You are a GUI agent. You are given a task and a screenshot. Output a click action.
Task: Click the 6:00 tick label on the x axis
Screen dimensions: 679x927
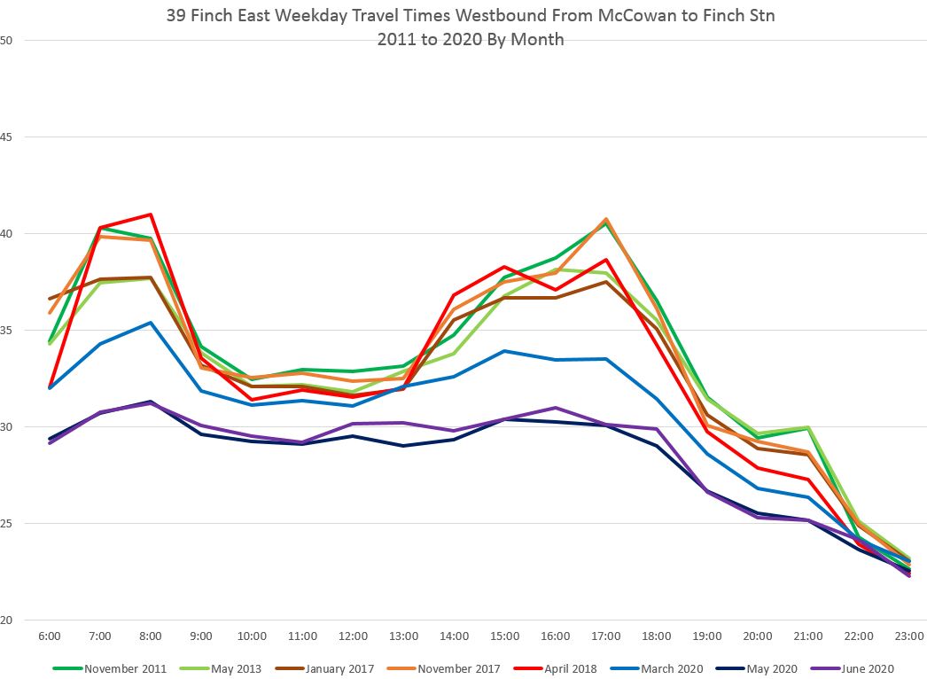(50, 636)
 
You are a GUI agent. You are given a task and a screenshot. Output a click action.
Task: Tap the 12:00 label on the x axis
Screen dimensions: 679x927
(353, 636)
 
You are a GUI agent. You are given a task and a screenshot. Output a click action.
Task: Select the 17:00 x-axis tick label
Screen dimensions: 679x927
(606, 636)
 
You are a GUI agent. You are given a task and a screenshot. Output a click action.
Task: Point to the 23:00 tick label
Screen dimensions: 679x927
(909, 636)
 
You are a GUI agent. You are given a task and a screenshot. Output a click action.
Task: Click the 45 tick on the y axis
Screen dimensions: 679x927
(8, 137)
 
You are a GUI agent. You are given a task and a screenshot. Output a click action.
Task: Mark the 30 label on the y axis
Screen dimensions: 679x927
(8, 427)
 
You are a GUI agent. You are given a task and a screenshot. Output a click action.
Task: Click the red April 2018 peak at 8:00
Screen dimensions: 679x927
(151, 215)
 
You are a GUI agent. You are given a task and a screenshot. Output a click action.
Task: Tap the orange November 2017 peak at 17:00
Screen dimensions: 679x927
(606, 219)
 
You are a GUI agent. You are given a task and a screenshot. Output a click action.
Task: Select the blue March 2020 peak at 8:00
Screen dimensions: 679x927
(151, 323)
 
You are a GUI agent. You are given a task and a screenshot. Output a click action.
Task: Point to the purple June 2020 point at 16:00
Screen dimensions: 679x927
(556, 408)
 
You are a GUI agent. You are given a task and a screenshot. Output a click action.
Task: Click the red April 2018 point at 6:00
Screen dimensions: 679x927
(50, 387)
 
